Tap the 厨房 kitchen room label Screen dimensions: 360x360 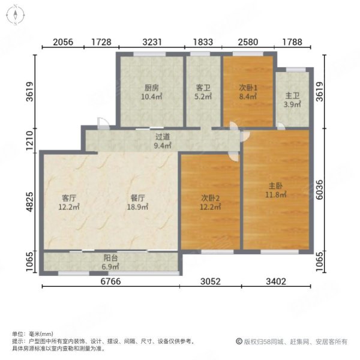pos(151,90)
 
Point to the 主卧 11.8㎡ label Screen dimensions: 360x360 pos(276,190)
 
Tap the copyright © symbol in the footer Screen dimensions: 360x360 pos(239,341)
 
